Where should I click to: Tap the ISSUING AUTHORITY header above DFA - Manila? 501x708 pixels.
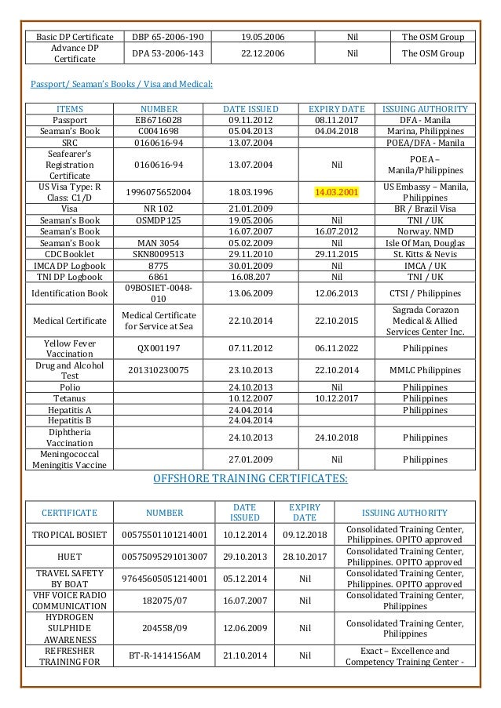(426, 108)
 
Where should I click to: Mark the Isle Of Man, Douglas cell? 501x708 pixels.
(426, 243)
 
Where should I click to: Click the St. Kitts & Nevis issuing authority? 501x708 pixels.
(426, 255)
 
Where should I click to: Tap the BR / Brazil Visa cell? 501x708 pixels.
(426, 209)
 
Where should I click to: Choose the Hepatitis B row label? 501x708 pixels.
(69, 420)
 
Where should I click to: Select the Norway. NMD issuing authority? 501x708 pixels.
(426, 232)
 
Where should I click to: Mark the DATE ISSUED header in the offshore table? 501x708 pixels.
(244, 512)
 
